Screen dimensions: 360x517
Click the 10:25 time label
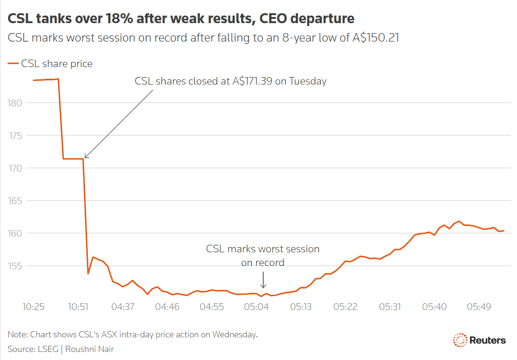34,307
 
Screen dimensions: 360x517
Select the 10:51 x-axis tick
78,307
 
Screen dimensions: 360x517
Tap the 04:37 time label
123,307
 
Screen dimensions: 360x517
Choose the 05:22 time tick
345,307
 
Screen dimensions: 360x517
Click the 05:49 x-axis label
479,307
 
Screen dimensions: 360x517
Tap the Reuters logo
479,340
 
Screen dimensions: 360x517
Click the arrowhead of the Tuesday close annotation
85,157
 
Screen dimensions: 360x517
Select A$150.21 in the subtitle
376,38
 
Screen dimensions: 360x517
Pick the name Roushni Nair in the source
90,349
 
